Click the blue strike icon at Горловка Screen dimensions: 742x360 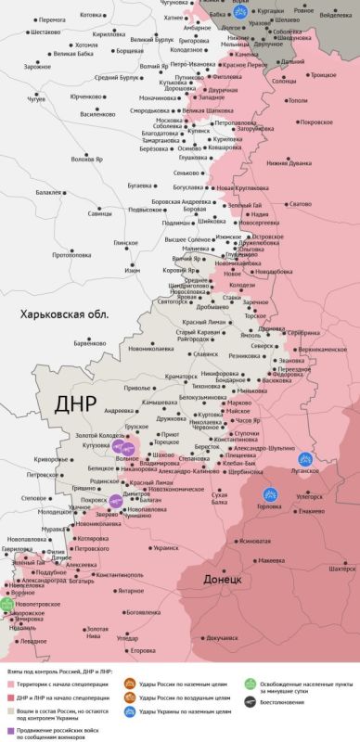(x=272, y=495)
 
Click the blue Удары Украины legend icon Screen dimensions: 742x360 (x=131, y=710)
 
